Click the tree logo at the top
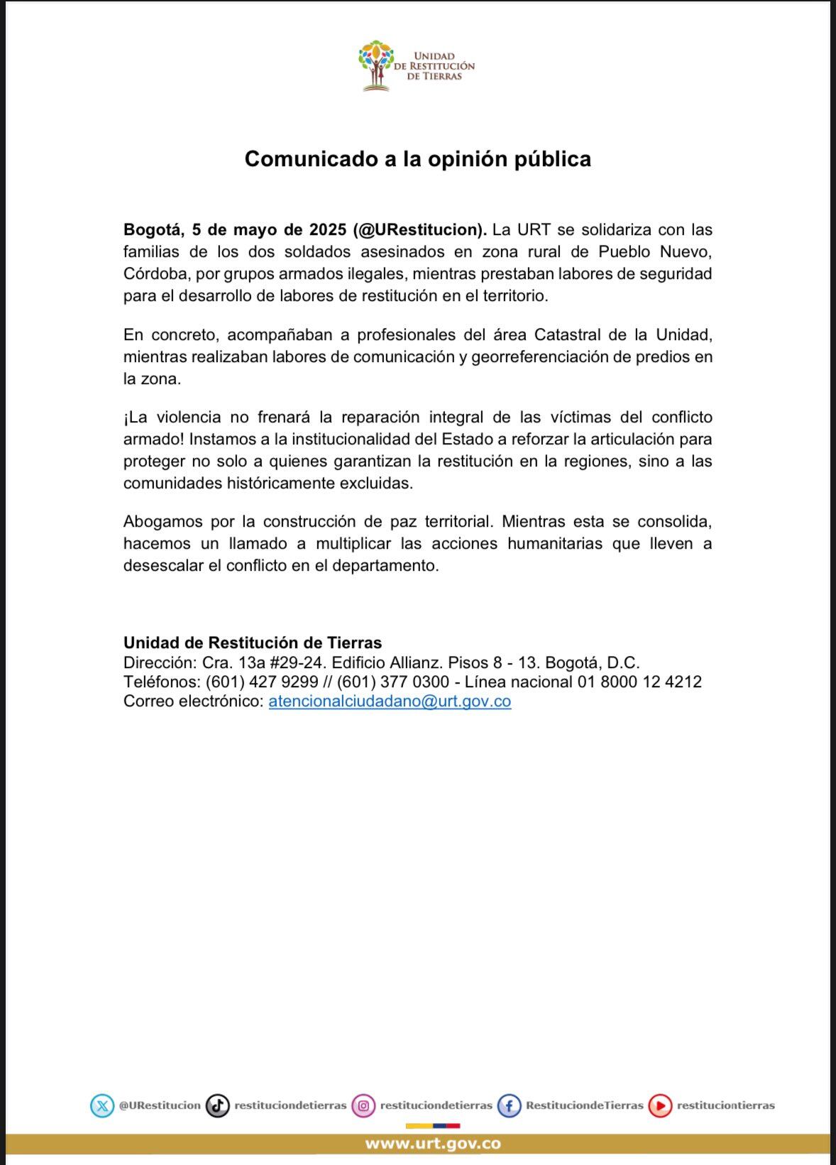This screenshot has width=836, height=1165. pyautogui.click(x=376, y=65)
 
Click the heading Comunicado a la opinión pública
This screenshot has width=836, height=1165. pyautogui.click(x=417, y=158)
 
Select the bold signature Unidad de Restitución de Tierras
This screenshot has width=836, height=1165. pyautogui.click(x=253, y=643)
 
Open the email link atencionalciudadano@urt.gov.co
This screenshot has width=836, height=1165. pyautogui.click(x=390, y=701)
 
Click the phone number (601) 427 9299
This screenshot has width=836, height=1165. pyautogui.click(x=262, y=682)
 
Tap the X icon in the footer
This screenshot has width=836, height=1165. pyautogui.click(x=102, y=1105)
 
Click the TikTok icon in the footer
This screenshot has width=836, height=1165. pyautogui.click(x=218, y=1105)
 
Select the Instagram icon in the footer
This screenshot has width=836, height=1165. pyautogui.click(x=364, y=1105)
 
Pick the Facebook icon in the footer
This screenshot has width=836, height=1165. pyautogui.click(x=510, y=1105)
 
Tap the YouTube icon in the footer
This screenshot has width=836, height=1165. pyautogui.click(x=660, y=1105)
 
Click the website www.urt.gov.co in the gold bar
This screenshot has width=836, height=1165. pyautogui.click(x=433, y=1144)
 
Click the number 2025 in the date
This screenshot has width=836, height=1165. pyautogui.click(x=328, y=230)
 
